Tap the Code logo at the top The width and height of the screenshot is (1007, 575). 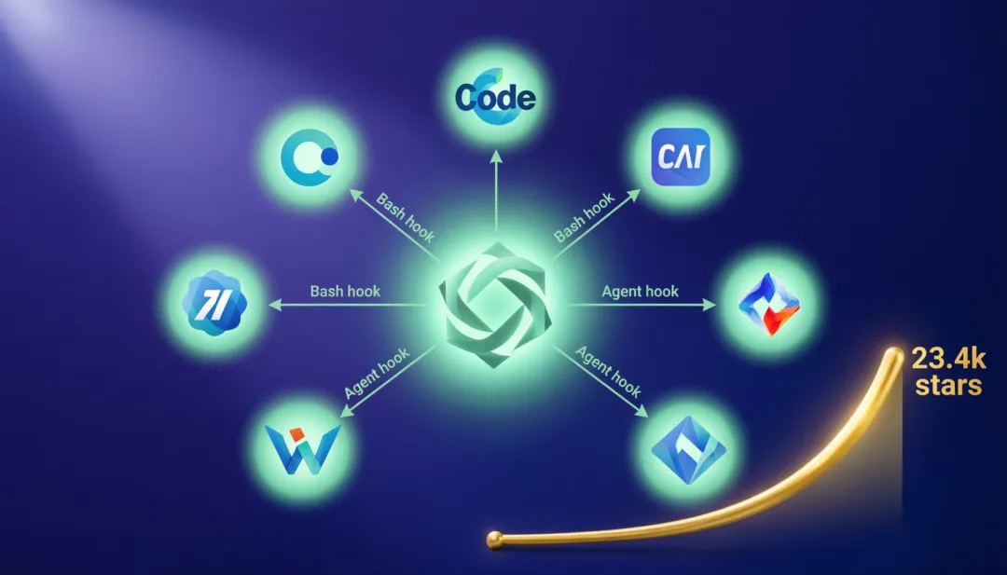pyautogui.click(x=495, y=98)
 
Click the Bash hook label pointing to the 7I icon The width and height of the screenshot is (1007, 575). pyautogui.click(x=345, y=292)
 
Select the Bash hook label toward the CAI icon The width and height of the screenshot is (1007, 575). pyautogui.click(x=585, y=217)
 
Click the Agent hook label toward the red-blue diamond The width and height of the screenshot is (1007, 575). pyautogui.click(x=640, y=292)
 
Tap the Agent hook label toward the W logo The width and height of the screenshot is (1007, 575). pyautogui.click(x=378, y=375)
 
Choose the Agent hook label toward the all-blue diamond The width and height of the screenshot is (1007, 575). pyautogui.click(x=608, y=372)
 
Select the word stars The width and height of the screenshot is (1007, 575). pyautogui.click(x=947, y=386)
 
